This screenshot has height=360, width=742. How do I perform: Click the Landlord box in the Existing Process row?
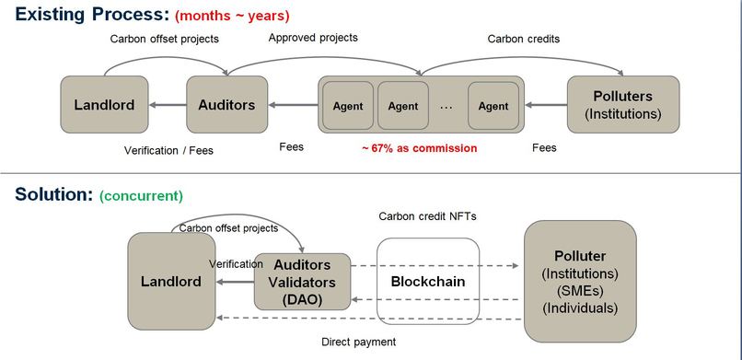pyautogui.click(x=104, y=105)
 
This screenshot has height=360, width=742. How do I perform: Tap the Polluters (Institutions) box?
pyautogui.click(x=623, y=105)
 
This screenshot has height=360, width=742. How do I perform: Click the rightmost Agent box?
pyautogui.click(x=493, y=106)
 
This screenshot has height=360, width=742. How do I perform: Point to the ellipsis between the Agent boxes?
pyautogui.click(x=446, y=106)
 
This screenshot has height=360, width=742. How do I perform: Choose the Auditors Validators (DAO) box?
pyautogui.click(x=302, y=281)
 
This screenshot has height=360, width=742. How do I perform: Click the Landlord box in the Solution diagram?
pyautogui.click(x=171, y=281)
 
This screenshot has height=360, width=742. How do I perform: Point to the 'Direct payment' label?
pyautogui.click(x=359, y=342)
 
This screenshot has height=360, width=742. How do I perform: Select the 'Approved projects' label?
pyautogui.click(x=313, y=38)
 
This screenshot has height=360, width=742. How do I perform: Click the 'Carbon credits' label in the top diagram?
pyautogui.click(x=524, y=39)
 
